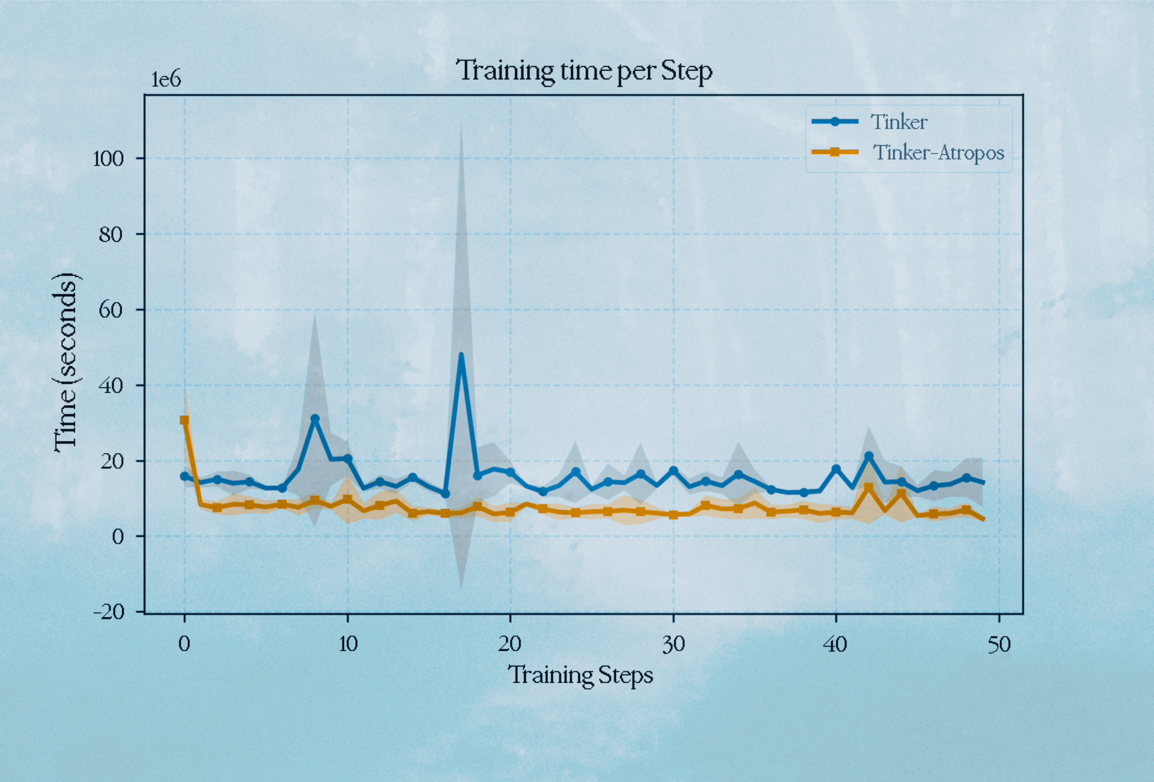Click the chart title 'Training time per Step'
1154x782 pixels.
[x=584, y=71]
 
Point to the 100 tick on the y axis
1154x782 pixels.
[x=108, y=159]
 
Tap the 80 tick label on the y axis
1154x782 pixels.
[x=110, y=235]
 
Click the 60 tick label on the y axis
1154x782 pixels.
[x=110, y=310]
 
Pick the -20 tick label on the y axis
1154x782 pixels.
[x=108, y=612]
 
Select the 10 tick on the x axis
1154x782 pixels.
[x=348, y=644]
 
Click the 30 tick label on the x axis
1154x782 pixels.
[x=673, y=644]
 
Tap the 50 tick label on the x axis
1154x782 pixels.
[x=998, y=644]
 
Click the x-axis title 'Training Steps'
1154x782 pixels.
[x=580, y=675]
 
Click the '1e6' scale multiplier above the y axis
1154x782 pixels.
[x=166, y=79]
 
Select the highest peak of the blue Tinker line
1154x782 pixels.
[x=461, y=355]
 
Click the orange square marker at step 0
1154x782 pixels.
[x=185, y=420]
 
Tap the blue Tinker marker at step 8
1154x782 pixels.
[x=315, y=418]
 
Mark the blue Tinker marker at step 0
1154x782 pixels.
[x=185, y=476]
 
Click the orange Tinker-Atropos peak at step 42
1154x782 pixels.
[x=869, y=488]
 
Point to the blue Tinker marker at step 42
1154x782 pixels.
[x=869, y=456]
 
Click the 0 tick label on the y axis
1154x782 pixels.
[x=118, y=537]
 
